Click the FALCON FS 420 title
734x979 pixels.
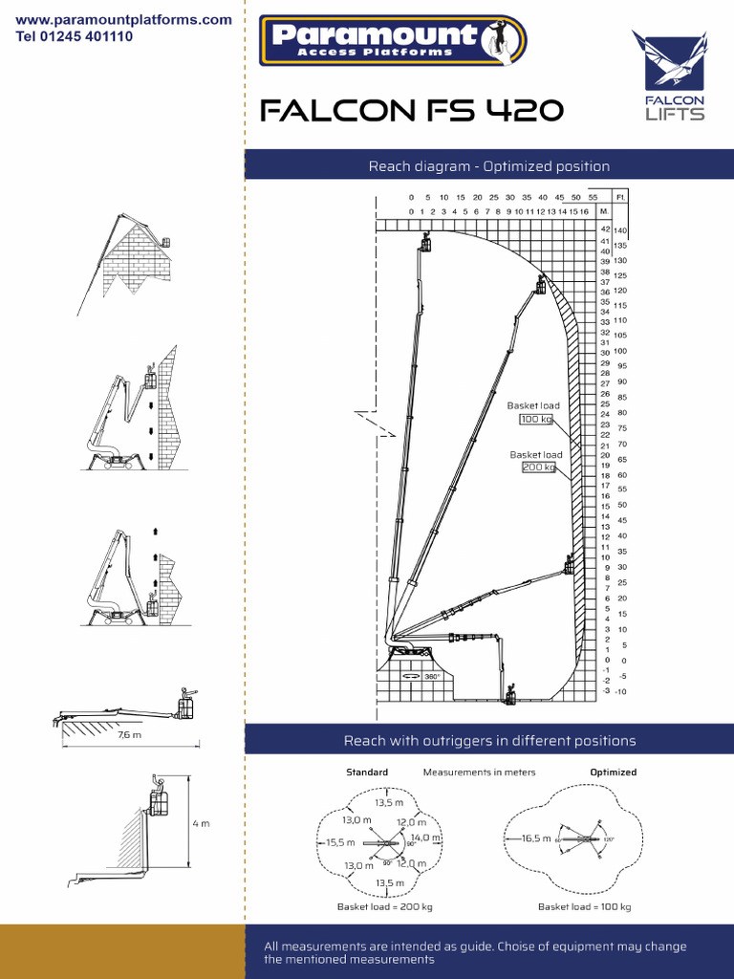point(412,112)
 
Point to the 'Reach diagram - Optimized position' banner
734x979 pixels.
point(489,166)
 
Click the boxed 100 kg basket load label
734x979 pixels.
point(536,419)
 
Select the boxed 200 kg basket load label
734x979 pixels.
point(538,468)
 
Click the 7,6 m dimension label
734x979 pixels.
point(129,735)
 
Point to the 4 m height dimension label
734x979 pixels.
point(201,823)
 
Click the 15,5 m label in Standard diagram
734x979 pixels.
point(340,842)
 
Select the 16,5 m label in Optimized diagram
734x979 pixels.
point(536,838)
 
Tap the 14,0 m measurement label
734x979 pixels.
point(426,838)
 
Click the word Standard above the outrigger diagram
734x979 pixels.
point(367,772)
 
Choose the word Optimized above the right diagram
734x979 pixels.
point(613,772)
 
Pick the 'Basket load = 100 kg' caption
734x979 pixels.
point(584,906)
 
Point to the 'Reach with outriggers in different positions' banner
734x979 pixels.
point(489,741)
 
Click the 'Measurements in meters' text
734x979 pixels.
point(479,772)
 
